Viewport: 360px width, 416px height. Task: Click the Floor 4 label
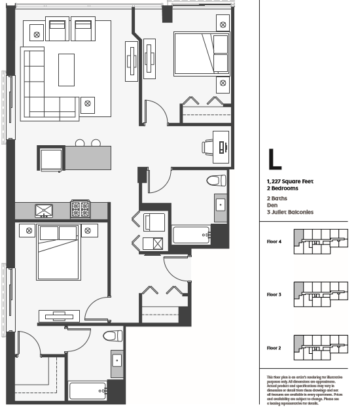click(x=274, y=241)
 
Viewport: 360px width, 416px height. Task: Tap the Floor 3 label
click(x=274, y=294)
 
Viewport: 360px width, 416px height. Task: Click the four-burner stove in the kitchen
click(x=81, y=210)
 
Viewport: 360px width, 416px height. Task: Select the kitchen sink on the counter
click(x=45, y=211)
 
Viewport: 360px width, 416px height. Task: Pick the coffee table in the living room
click(x=67, y=69)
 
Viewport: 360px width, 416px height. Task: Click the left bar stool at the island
click(x=80, y=143)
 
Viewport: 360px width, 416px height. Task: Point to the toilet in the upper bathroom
click(x=212, y=181)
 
